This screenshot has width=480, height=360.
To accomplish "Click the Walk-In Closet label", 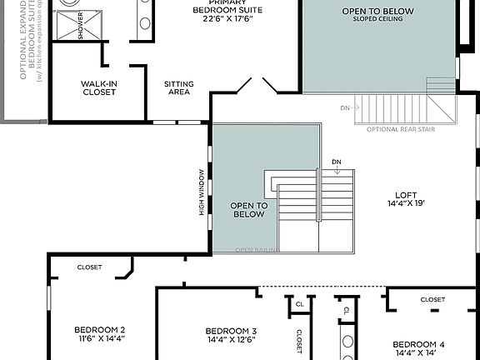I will coord(98,87).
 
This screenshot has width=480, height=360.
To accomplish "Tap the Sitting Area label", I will coord(179,87).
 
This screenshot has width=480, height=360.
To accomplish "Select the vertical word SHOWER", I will coord(81,27).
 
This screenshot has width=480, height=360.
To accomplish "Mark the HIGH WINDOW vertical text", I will coord(202,192).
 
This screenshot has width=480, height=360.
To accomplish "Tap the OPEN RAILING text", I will coord(257,249).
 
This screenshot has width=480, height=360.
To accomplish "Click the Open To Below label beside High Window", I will coord(247,209).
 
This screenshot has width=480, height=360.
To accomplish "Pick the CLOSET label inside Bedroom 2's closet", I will coord(89,267).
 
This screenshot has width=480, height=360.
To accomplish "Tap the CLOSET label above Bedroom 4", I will coord(432,299).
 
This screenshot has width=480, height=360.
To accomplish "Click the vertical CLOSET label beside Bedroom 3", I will coord(298,341).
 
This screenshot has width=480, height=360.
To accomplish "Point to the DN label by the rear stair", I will coord(345,108).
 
